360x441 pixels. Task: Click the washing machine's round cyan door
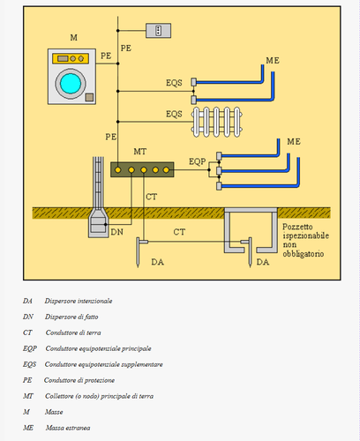(71, 84)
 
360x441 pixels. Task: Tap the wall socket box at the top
(159, 31)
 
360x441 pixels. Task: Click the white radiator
(217, 122)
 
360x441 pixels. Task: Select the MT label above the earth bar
(140, 152)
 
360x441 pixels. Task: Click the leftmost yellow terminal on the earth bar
(117, 170)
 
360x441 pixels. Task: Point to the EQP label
(197, 161)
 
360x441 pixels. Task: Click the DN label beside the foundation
(116, 232)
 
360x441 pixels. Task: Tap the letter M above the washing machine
(73, 38)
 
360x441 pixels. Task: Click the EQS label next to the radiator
(174, 114)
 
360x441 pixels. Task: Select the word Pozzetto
(297, 227)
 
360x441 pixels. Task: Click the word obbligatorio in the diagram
(304, 254)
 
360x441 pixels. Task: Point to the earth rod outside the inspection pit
(138, 252)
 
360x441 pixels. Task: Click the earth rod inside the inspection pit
(250, 252)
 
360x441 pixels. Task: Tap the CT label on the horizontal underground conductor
(179, 232)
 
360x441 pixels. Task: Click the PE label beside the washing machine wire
(106, 56)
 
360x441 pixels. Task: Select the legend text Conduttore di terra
(73, 333)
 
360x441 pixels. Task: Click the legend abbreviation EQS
(29, 364)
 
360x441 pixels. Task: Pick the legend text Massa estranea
(68, 428)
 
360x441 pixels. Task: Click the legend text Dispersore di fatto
(71, 317)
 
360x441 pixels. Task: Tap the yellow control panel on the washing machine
(71, 58)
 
